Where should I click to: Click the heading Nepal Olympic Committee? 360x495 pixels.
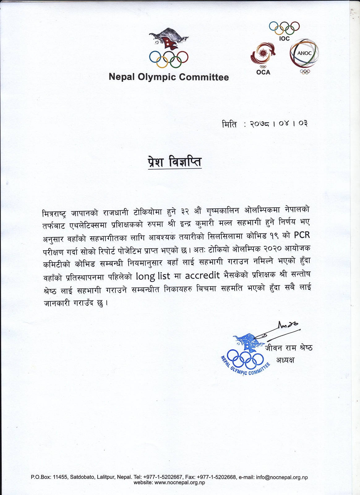point(169,77)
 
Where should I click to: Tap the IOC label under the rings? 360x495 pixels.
point(284,39)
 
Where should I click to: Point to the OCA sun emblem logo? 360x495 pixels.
point(263,54)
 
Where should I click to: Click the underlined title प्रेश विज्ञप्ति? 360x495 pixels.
point(175,162)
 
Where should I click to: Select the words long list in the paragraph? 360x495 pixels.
point(153,276)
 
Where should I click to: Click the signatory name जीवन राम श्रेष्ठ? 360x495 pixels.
point(289,348)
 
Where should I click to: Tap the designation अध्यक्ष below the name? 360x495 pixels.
point(285,360)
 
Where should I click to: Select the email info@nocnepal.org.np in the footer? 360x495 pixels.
point(282,477)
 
